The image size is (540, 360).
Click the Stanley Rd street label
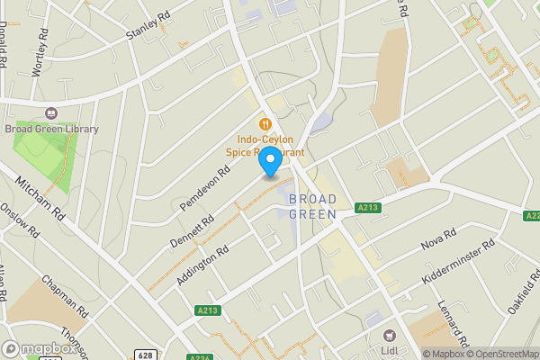(x=148, y=25)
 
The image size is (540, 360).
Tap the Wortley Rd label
(x=40, y=51)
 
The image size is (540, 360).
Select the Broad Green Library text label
(x=51, y=129)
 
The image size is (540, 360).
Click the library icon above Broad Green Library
(x=50, y=113)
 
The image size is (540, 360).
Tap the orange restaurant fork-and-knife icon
(x=265, y=124)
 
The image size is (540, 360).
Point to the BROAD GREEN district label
(x=312, y=206)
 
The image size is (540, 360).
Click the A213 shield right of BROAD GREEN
(x=366, y=208)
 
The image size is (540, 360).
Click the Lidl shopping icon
(x=390, y=334)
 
